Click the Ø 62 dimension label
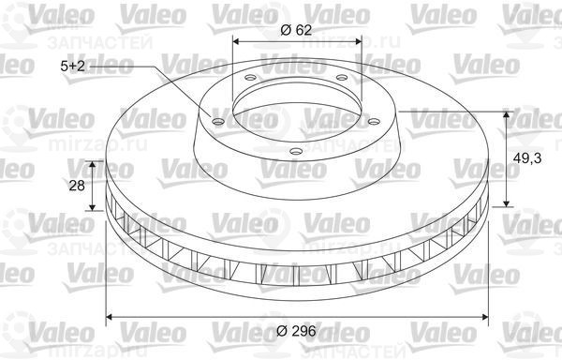point(295,28)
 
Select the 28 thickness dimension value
point(77,185)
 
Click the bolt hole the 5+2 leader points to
point(218,120)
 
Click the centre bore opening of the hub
point(296,103)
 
